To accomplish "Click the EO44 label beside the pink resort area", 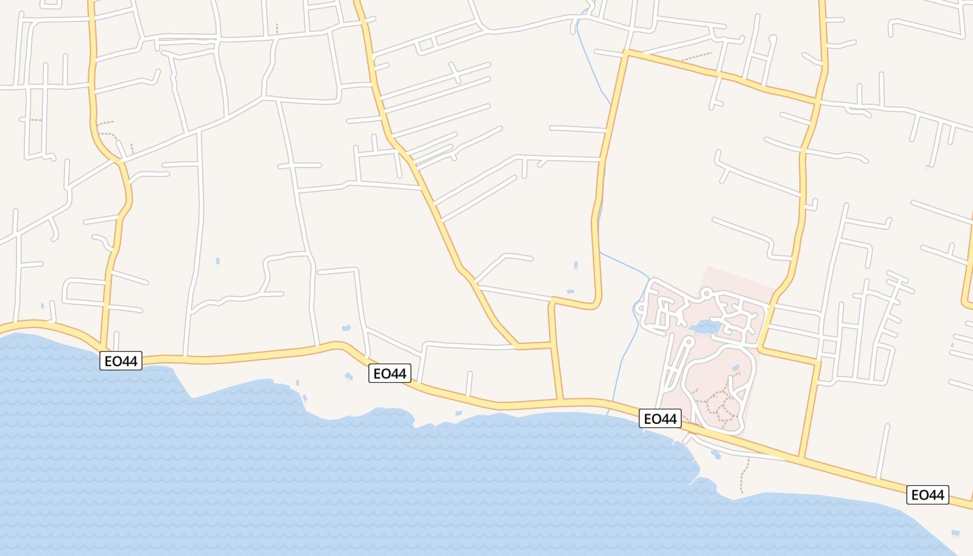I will [x=660, y=418].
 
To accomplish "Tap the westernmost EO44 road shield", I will [x=121, y=361].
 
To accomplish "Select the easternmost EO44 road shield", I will [x=927, y=495].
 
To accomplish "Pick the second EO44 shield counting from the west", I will [x=389, y=373].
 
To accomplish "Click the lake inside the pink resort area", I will [x=705, y=326].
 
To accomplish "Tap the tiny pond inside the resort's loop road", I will [x=735, y=368].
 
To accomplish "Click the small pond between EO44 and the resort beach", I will [x=716, y=455].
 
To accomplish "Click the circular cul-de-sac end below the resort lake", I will [x=687, y=342].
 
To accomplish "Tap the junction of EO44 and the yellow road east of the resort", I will [x=801, y=458].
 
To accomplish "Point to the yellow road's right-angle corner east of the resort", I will [x=819, y=361].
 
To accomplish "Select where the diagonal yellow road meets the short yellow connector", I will [x=518, y=345].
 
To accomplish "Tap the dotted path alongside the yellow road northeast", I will [x=695, y=57].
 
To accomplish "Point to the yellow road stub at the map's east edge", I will [x=967, y=278].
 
